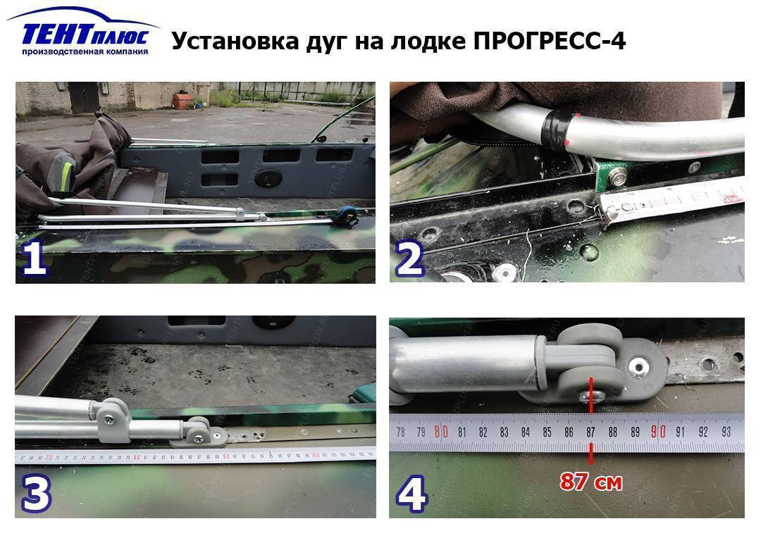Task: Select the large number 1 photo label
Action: point(35,258)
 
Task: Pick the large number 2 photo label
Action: point(409,258)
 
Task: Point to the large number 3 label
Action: point(36,494)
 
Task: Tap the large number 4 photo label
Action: point(411,494)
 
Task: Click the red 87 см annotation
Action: point(591,482)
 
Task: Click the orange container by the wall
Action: point(182,101)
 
